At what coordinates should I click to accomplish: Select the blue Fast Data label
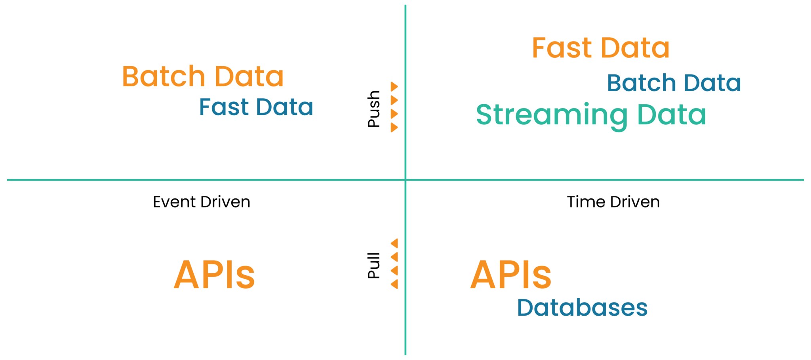256,107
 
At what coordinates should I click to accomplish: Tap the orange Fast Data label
600,48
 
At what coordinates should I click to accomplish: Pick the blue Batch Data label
674,83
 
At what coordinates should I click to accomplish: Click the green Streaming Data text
591,115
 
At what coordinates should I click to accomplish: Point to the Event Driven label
202,202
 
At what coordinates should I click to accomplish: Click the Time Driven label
613,202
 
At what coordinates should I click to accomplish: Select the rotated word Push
374,109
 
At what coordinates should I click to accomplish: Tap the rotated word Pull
374,265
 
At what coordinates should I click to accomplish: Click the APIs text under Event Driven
214,275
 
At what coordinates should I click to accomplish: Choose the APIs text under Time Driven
510,275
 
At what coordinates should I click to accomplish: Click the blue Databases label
582,308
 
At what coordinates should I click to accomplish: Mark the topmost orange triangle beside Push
394,86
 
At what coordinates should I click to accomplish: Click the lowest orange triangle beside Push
394,128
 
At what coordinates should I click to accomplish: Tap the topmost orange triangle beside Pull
394,243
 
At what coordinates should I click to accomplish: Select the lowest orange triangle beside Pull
394,284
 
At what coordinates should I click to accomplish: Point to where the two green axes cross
405,180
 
